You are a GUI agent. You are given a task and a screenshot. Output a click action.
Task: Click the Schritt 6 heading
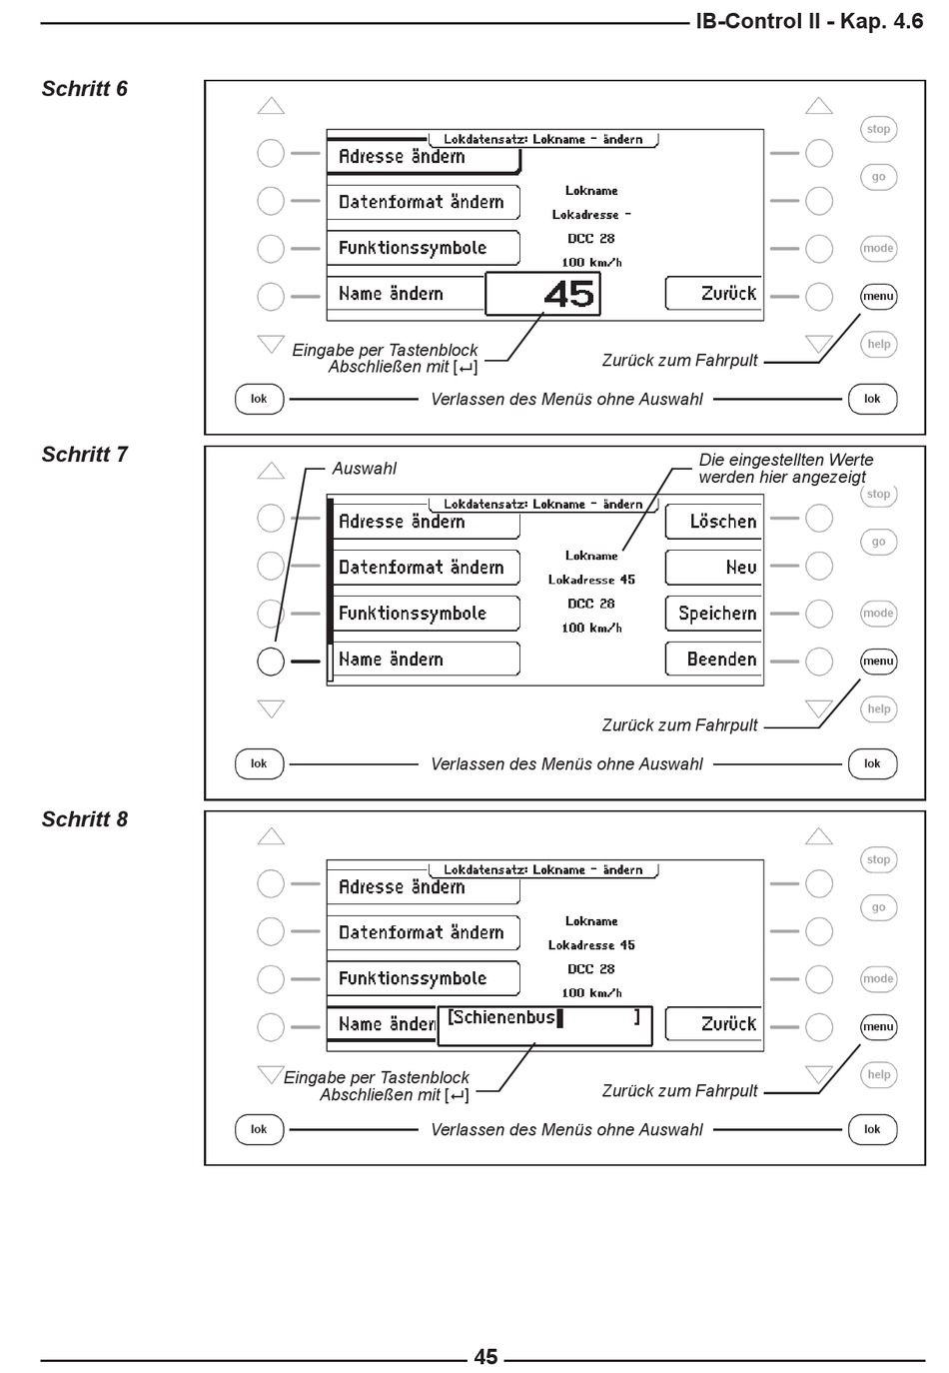[85, 89]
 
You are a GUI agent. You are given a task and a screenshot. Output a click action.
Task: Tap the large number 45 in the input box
[569, 294]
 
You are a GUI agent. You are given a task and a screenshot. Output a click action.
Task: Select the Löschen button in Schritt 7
[713, 522]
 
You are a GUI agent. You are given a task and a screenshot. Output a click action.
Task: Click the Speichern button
[713, 614]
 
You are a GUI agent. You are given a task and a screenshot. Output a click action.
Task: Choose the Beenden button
[713, 660]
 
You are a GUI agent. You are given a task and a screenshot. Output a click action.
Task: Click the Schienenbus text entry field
[544, 1025]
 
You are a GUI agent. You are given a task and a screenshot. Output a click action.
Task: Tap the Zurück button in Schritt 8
[713, 1023]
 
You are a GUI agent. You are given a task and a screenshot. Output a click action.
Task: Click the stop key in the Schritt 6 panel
[878, 129]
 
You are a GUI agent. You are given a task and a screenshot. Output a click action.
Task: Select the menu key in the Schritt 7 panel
[878, 662]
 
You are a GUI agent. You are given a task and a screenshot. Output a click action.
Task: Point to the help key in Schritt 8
[878, 1074]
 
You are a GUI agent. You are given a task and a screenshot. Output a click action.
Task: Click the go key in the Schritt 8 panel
[878, 907]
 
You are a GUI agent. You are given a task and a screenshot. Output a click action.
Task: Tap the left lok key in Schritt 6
[259, 399]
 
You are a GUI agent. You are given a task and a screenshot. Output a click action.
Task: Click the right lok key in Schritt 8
[872, 1129]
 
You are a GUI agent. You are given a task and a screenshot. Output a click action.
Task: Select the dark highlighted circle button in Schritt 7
[271, 662]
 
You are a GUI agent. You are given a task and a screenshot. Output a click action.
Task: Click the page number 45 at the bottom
[485, 1356]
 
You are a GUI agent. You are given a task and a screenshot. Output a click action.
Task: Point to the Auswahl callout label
[364, 469]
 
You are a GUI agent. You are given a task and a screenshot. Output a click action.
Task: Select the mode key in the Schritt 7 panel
[878, 614]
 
